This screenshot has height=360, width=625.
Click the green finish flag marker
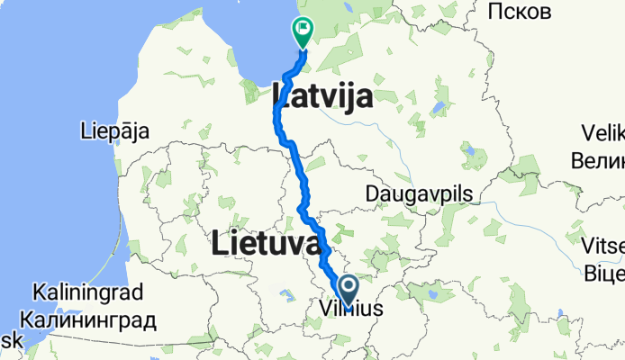pyautogui.click(x=303, y=32)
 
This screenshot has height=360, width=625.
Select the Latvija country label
pyautogui.click(x=322, y=94)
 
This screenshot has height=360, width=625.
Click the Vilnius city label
pyautogui.click(x=351, y=310)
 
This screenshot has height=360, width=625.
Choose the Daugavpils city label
pyautogui.click(x=421, y=193)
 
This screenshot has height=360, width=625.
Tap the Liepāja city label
pyautogui.click(x=114, y=130)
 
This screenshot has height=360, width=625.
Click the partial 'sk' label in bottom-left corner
pyautogui.click(x=9, y=343)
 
